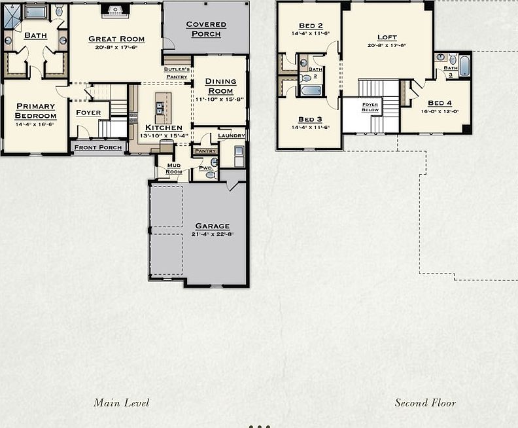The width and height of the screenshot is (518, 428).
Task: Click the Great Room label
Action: click(116, 39)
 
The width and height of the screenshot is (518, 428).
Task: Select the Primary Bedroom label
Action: click(36, 111)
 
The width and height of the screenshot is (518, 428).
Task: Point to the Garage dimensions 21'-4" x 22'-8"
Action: click(213, 234)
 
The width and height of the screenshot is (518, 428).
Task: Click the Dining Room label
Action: click(220, 86)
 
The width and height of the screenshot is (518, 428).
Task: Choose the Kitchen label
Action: click(164, 128)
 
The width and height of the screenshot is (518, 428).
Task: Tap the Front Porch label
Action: click(98, 147)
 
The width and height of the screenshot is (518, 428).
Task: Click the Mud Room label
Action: click(173, 168)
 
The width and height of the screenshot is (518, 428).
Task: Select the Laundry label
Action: click(232, 135)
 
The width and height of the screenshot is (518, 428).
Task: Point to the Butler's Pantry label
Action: click(177, 73)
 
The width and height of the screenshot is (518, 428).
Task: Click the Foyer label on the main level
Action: click(88, 113)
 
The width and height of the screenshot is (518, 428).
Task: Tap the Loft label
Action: click(387, 37)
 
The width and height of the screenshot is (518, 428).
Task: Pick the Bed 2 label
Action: click(310, 26)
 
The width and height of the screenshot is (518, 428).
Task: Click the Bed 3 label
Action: click(310, 119)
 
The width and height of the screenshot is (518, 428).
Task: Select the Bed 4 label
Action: click(440, 103)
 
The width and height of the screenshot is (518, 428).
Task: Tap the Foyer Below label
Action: click(370, 107)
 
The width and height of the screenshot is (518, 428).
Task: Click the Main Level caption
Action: click(121, 402)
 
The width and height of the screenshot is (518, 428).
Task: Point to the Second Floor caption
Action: click(425, 402)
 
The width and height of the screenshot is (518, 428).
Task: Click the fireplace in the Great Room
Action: click(115, 10)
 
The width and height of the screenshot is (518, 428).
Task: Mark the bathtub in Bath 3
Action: click(464, 65)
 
